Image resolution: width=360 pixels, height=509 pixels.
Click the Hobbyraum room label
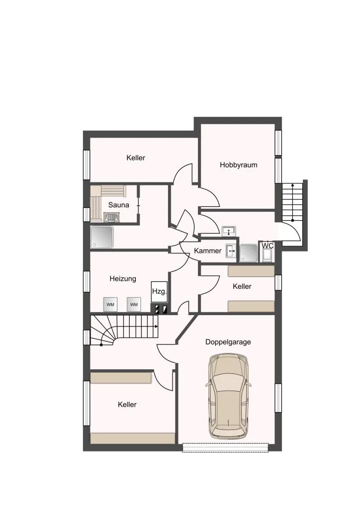238,165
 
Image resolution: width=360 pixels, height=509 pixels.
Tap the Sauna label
118,205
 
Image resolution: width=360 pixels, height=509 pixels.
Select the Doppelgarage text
228,342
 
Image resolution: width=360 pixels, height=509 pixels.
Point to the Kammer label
208,251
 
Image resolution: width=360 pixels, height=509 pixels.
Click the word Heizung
123,278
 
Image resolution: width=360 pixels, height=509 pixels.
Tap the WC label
268,246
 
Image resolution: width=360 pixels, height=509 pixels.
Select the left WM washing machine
110,305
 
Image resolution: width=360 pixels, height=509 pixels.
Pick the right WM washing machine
134,305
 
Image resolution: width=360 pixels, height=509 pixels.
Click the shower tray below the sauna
102,237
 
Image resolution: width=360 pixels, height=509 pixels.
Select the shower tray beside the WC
249,253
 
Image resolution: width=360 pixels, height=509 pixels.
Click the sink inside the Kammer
232,251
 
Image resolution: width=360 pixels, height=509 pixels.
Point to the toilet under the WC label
268,255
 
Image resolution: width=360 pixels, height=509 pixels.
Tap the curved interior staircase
124,331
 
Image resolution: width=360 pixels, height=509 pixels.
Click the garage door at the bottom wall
226,448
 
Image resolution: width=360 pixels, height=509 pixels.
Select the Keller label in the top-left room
136,158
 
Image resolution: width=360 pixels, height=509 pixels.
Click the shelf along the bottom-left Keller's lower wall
133,438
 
